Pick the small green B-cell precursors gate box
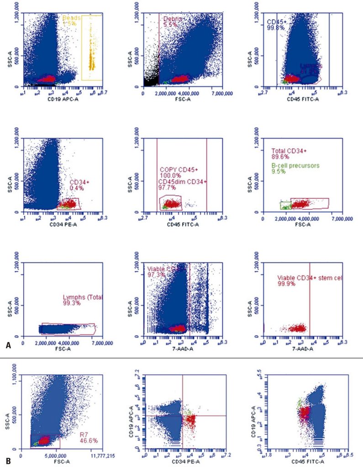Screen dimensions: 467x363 click(x=285, y=205)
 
